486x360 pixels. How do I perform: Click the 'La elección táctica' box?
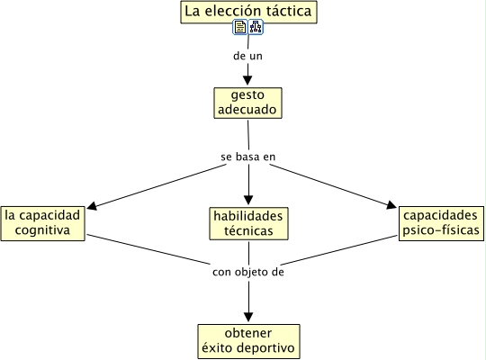pos(248,12)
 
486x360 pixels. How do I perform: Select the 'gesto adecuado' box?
pos(247,103)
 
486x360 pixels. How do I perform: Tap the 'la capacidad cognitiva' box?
pos(43,223)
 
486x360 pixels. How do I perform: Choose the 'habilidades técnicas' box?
pos(248,223)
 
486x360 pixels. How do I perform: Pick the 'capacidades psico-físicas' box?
pos(441,223)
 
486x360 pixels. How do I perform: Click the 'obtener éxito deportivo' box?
pos(248,341)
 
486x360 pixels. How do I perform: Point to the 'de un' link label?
pos(247,56)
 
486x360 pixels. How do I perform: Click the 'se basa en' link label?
pos(248,157)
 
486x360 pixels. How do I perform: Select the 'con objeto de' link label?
pos(248,272)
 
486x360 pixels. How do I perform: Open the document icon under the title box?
pos(240,27)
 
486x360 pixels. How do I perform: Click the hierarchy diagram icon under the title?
pos(256,27)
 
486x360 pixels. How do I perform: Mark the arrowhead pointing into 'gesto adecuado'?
pos(247,80)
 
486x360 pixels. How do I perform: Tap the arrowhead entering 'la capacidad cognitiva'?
pos(93,205)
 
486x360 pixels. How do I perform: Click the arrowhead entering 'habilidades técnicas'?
pos(248,200)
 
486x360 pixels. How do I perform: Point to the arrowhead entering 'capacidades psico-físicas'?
pos(391,204)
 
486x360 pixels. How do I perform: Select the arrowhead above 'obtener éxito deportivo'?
pos(248,317)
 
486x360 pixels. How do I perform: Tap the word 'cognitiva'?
pos(42,230)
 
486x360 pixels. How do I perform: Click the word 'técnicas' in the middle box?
pos(248,231)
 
